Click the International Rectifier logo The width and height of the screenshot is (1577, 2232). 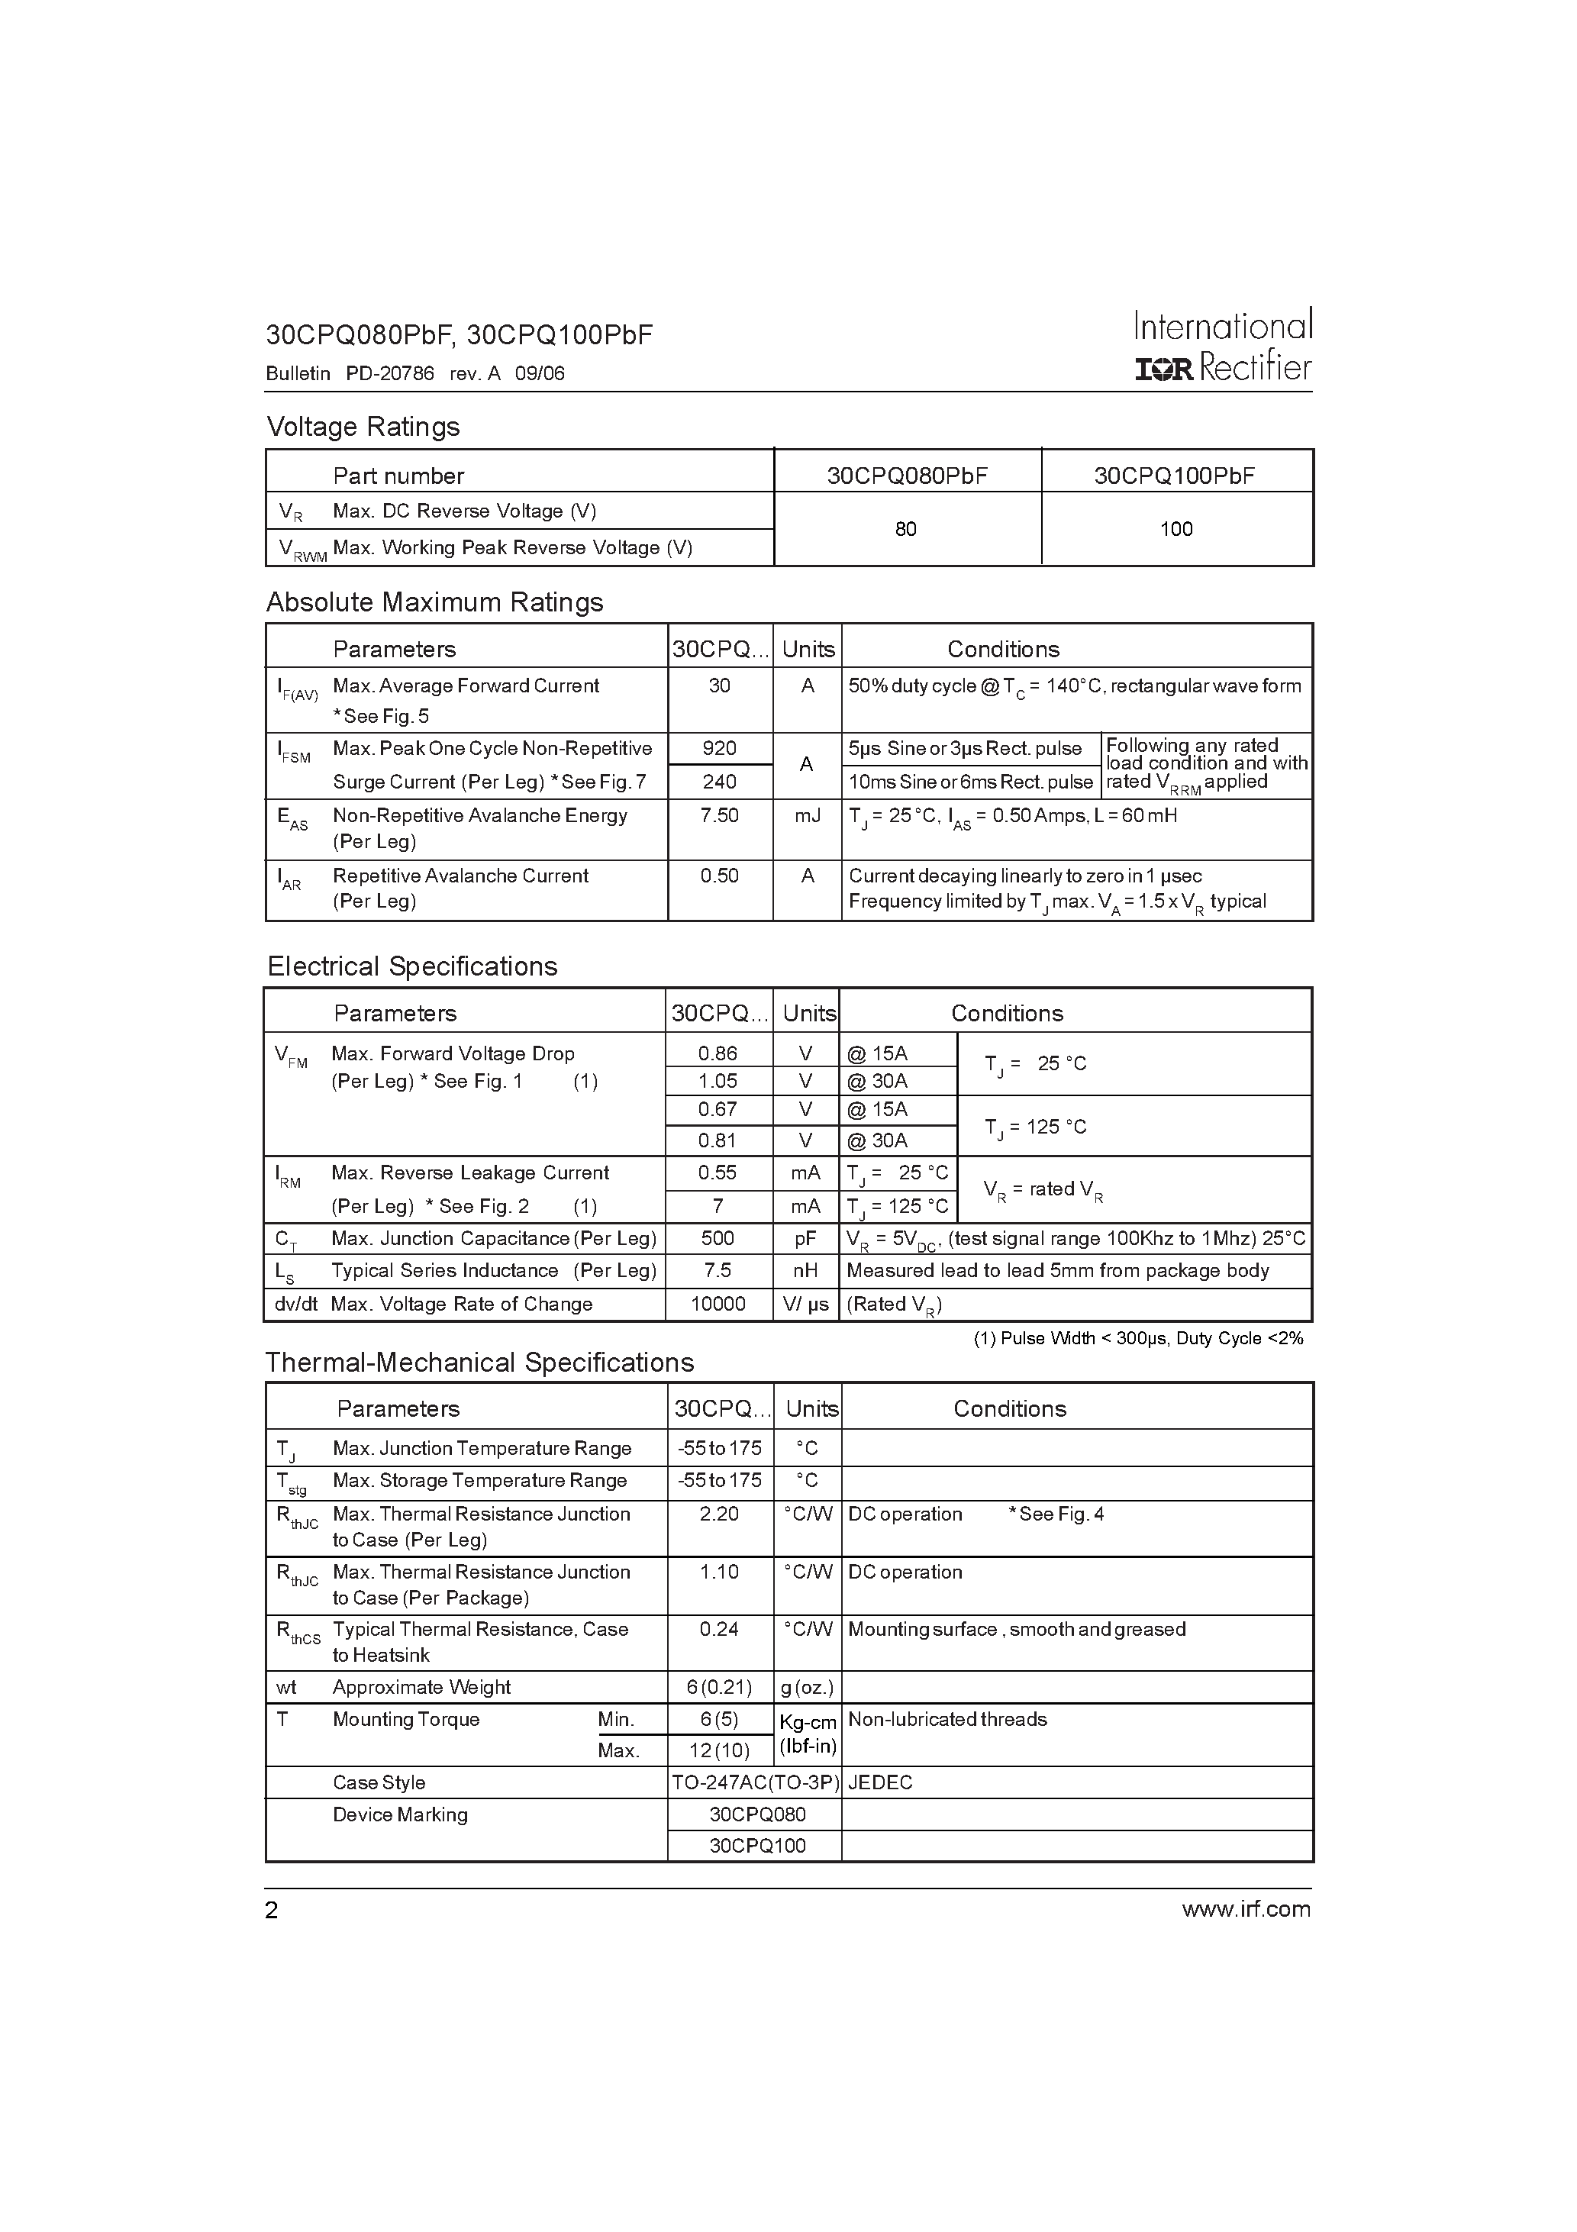tap(1223, 346)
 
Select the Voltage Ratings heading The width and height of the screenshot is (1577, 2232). tap(363, 427)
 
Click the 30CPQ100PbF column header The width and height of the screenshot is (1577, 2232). tap(1175, 476)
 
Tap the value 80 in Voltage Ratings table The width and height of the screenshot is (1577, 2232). tap(905, 529)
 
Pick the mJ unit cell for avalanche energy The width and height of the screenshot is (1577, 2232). tap(807, 815)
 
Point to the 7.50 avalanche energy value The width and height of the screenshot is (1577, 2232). tap(720, 815)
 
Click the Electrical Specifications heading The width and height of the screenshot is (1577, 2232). tap(412, 966)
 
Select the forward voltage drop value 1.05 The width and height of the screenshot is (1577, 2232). tap(718, 1081)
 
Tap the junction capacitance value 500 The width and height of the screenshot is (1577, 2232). tap(718, 1238)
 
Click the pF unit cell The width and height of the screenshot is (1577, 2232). tap(805, 1238)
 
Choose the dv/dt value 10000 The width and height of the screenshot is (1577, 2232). tap(718, 1305)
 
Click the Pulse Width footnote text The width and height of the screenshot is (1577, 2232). tap(1137, 1339)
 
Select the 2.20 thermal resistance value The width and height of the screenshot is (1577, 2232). tap(720, 1514)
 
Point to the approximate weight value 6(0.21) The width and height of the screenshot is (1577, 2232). tap(720, 1688)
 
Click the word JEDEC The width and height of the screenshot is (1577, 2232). tap(880, 1783)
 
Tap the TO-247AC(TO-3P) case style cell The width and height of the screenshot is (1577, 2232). tap(754, 1783)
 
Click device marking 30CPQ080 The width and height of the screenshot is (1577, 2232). tap(757, 1815)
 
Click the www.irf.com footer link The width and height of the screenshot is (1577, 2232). tap(1246, 1909)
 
